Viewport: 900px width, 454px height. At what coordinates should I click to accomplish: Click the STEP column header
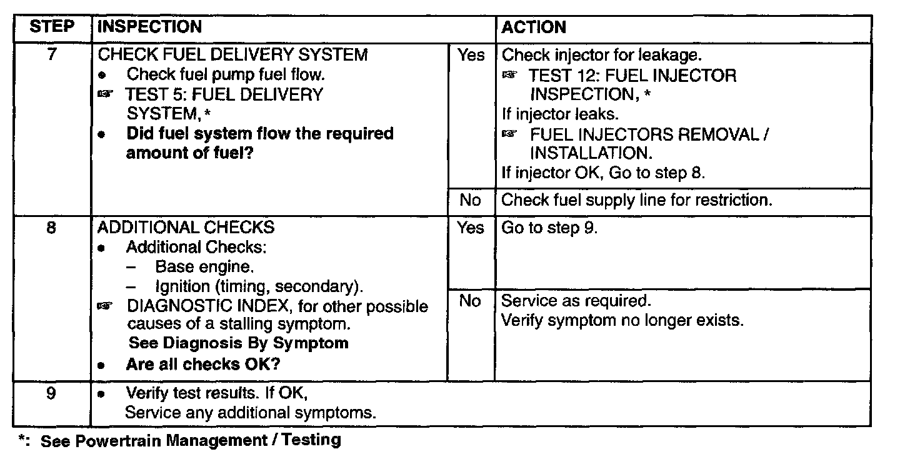point(52,28)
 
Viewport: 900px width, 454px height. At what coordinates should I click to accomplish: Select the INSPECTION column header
point(150,28)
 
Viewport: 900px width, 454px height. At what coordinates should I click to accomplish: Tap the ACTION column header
point(534,28)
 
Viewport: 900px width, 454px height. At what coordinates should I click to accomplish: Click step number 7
point(52,55)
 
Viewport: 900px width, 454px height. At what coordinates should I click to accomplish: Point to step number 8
point(52,228)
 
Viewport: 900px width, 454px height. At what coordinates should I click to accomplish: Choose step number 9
point(52,394)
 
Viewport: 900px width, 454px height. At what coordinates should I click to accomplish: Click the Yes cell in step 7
point(471,56)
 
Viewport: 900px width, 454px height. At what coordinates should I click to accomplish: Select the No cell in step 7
point(470,200)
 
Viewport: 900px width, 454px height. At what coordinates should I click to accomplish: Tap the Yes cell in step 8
point(471,228)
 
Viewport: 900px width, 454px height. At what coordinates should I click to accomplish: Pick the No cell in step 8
point(470,301)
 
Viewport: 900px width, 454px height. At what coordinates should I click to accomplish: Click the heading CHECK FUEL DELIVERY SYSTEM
point(233,55)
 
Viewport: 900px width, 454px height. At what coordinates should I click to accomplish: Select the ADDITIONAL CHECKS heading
point(186,228)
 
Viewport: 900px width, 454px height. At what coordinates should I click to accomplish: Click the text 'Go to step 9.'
point(550,228)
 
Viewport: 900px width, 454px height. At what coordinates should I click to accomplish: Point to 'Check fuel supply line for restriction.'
point(637,200)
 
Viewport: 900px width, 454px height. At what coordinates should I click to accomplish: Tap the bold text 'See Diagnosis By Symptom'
point(238,343)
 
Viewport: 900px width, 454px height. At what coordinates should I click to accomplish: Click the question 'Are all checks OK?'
point(202,365)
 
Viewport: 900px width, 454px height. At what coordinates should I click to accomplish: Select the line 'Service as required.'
point(576,301)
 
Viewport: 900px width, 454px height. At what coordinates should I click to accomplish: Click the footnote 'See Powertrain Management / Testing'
point(191,440)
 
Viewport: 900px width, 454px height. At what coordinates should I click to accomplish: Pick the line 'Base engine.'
point(204,267)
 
